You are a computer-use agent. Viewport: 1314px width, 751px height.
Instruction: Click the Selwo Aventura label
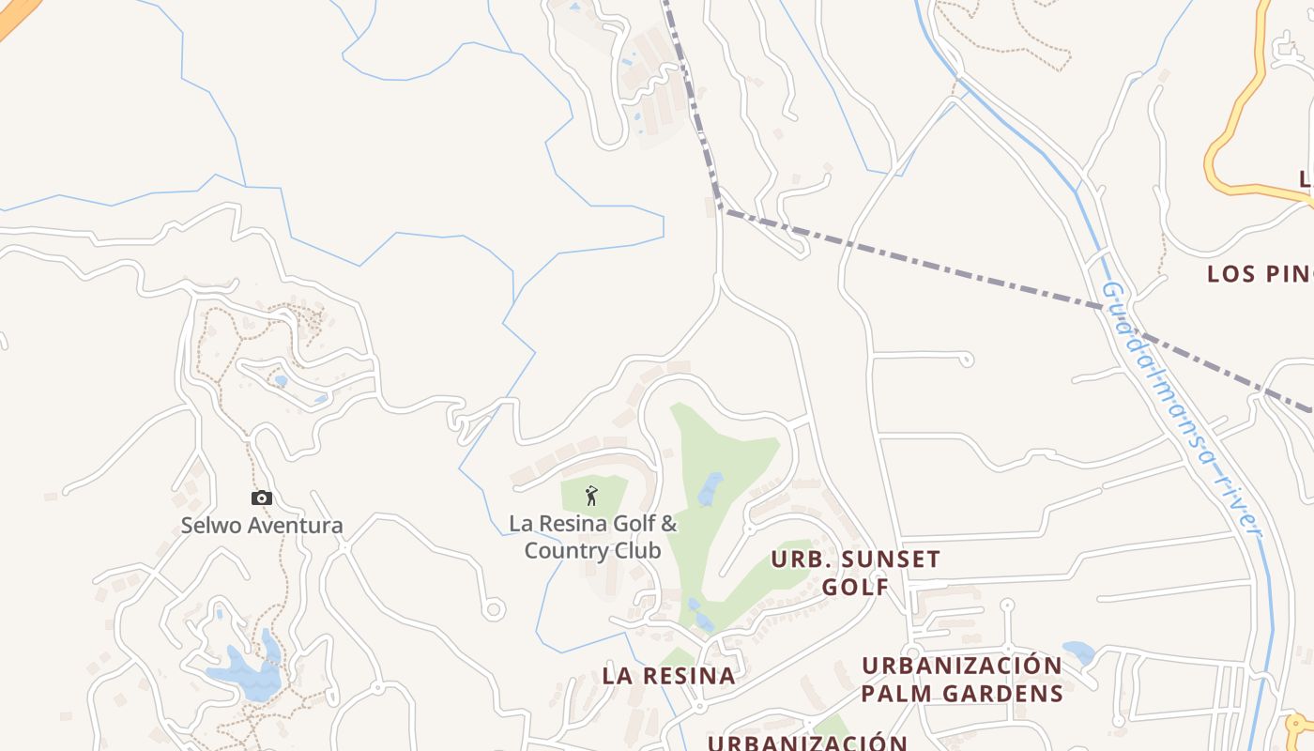262,526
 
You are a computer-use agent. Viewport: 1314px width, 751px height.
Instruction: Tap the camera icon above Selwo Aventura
262,498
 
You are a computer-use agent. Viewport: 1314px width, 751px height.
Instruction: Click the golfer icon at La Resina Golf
591,495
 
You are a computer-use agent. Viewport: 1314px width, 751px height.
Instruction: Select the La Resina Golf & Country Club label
592,537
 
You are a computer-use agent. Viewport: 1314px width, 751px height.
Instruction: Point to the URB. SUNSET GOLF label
855,573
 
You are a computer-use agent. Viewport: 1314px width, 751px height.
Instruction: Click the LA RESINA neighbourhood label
668,676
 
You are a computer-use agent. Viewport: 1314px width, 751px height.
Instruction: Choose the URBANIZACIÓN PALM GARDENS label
962,680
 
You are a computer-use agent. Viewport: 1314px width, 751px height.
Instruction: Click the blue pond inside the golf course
710,488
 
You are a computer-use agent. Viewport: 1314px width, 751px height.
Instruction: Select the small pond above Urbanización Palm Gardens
1078,651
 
